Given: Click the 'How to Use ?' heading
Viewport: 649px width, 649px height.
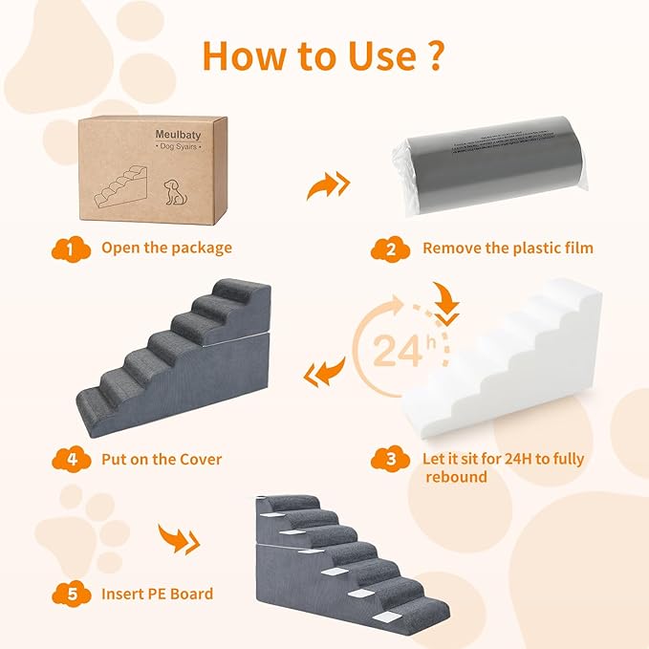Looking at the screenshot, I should (322, 55).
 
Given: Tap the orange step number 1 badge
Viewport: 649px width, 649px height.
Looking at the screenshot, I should (64, 249).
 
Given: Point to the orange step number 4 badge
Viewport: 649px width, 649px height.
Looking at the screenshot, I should (64, 459).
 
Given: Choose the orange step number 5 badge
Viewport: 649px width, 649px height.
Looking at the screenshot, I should (64, 594).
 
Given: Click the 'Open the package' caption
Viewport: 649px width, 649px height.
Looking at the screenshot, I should (166, 249).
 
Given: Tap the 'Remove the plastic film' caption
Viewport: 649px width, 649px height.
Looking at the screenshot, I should (508, 249).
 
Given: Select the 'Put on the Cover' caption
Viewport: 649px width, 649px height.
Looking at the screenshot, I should (162, 459).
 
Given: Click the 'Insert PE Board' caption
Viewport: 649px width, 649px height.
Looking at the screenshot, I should (157, 594).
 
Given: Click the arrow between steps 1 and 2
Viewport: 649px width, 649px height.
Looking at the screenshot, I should (328, 185).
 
